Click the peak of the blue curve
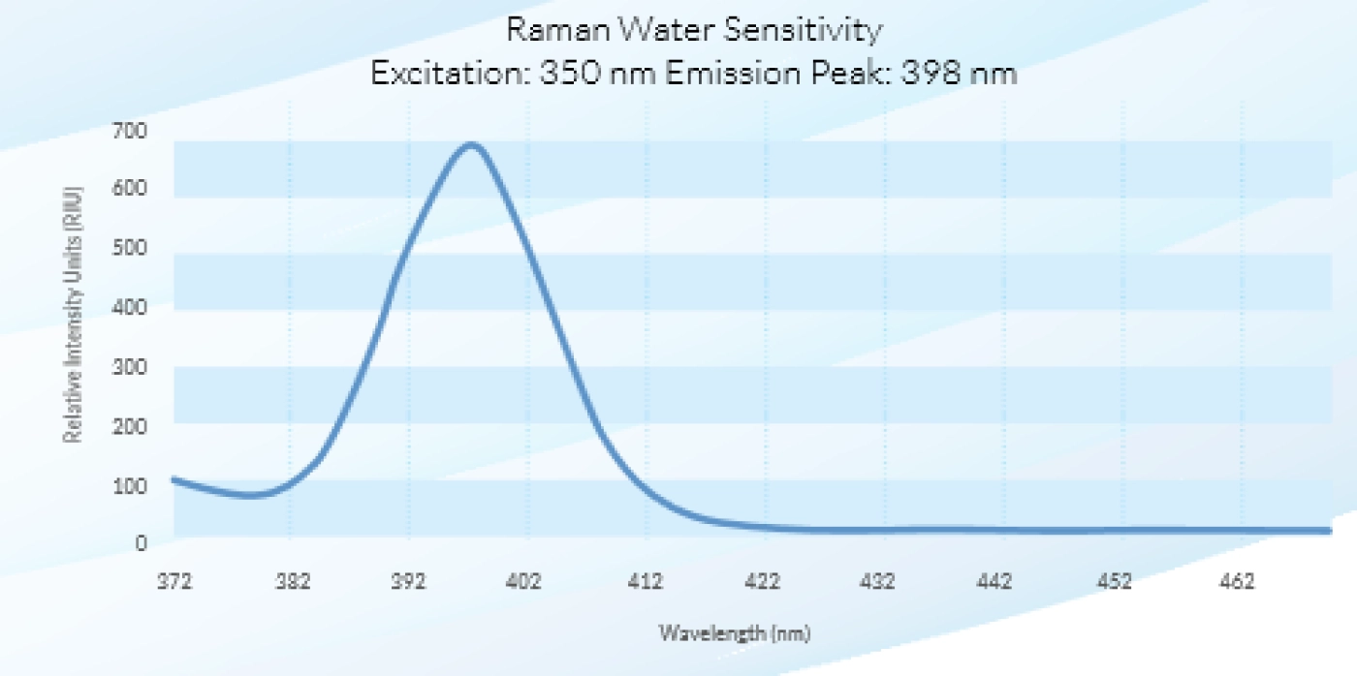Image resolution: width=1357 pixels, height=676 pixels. click(471, 144)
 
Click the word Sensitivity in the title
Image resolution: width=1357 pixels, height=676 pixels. click(803, 31)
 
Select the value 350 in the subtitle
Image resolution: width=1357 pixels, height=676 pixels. click(570, 74)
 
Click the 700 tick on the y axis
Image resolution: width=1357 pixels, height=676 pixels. click(130, 131)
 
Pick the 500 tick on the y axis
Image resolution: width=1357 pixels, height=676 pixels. click(130, 248)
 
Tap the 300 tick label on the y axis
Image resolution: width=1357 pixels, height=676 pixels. click(130, 367)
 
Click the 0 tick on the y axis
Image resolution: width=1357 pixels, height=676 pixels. click(141, 543)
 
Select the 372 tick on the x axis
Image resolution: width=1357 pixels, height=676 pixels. click(174, 582)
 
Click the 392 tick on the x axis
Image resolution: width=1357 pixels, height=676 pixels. click(408, 582)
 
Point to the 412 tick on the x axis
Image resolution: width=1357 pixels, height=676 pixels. click(646, 582)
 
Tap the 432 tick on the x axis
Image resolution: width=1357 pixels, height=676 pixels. click(877, 582)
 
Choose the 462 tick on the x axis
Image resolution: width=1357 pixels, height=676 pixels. click(1237, 582)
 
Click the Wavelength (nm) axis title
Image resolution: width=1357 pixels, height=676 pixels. click(735, 633)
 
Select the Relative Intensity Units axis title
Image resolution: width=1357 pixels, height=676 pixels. click(73, 315)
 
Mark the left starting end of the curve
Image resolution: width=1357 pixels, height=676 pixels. click(174, 480)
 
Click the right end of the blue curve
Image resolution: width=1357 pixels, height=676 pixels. click(1329, 531)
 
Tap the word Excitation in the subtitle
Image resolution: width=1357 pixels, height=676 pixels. click(451, 74)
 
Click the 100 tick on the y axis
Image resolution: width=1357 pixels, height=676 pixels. click(130, 486)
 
